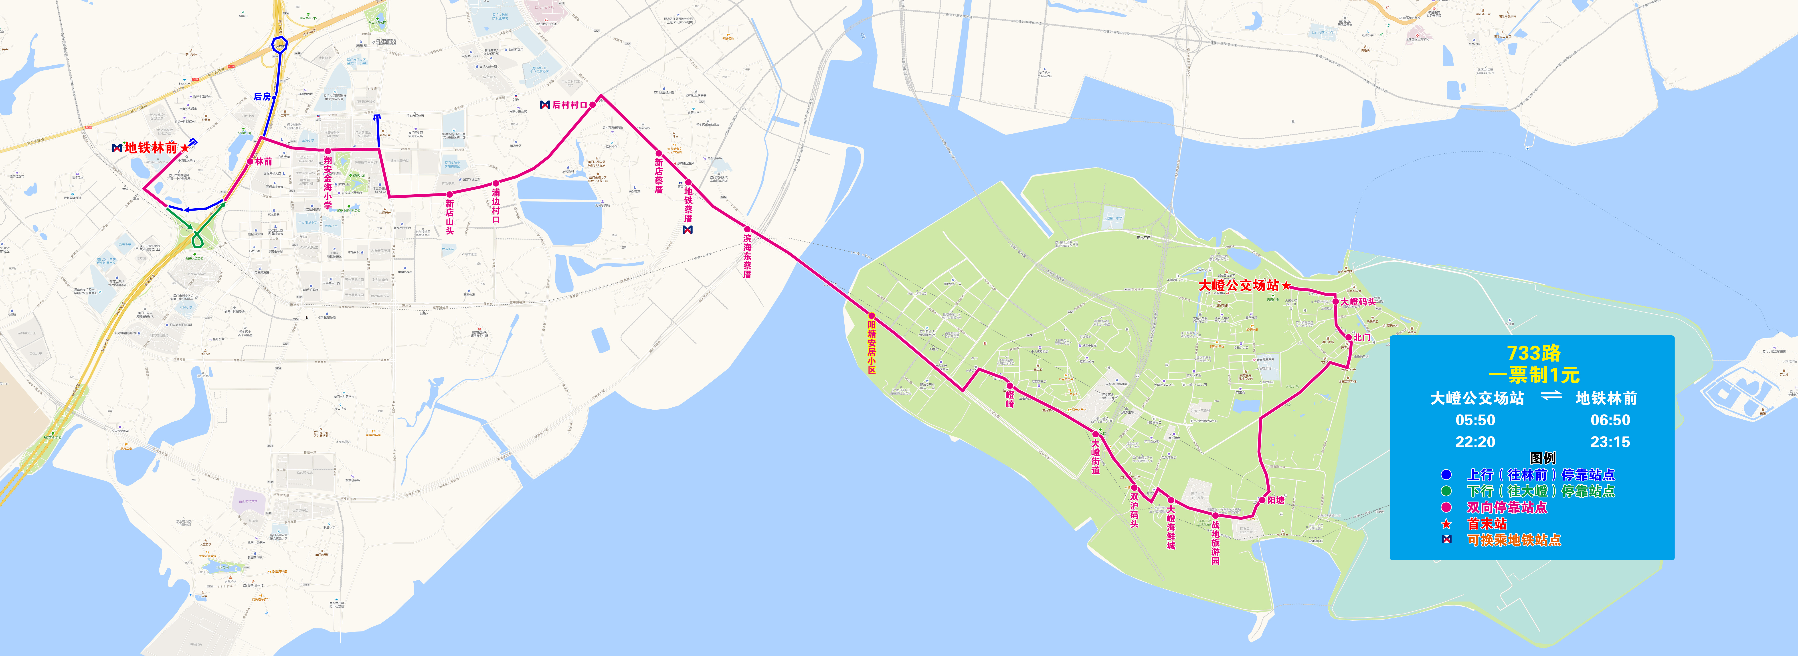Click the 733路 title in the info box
click(1533, 353)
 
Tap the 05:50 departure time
click(1475, 420)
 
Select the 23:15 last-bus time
click(1610, 442)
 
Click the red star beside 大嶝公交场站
click(1286, 286)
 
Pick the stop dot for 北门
click(1349, 338)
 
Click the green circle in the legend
click(1446, 491)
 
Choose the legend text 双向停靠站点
click(1506, 507)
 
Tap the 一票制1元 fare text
click(1533, 375)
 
